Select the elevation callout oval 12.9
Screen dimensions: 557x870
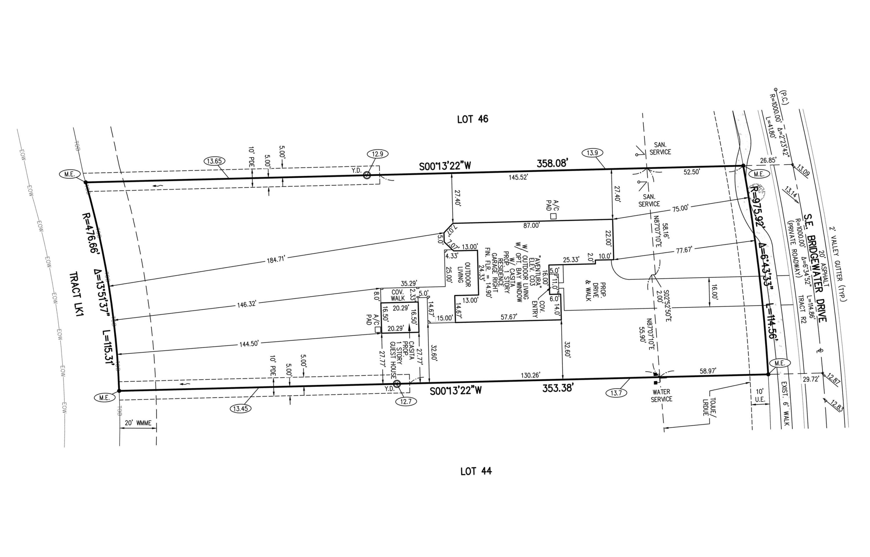click(377, 154)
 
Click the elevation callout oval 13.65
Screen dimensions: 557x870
click(214, 161)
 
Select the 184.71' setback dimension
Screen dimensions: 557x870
click(276, 259)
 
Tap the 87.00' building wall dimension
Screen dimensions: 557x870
click(531, 226)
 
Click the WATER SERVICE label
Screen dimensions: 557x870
click(661, 395)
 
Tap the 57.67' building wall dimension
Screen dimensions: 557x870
click(508, 317)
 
